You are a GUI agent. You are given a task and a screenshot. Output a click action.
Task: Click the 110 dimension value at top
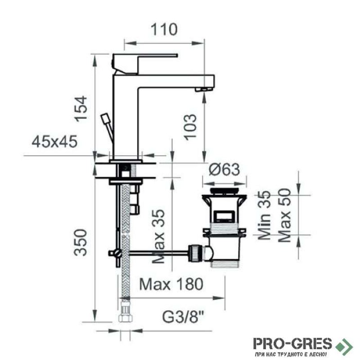(164, 29)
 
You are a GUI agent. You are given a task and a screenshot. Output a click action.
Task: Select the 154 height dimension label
(81, 108)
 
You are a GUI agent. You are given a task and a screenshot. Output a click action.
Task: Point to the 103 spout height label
(190, 127)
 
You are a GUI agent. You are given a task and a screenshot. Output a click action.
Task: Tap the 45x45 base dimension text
(54, 142)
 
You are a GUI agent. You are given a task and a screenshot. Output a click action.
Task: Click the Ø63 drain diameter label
(224, 170)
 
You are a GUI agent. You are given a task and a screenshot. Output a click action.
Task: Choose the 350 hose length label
(81, 243)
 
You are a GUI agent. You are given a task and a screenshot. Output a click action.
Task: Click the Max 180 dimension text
(171, 284)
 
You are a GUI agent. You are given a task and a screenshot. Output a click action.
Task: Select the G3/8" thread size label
(184, 317)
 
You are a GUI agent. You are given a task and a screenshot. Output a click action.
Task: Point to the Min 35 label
(265, 215)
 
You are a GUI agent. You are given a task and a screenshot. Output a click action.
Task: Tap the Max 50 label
(284, 215)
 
